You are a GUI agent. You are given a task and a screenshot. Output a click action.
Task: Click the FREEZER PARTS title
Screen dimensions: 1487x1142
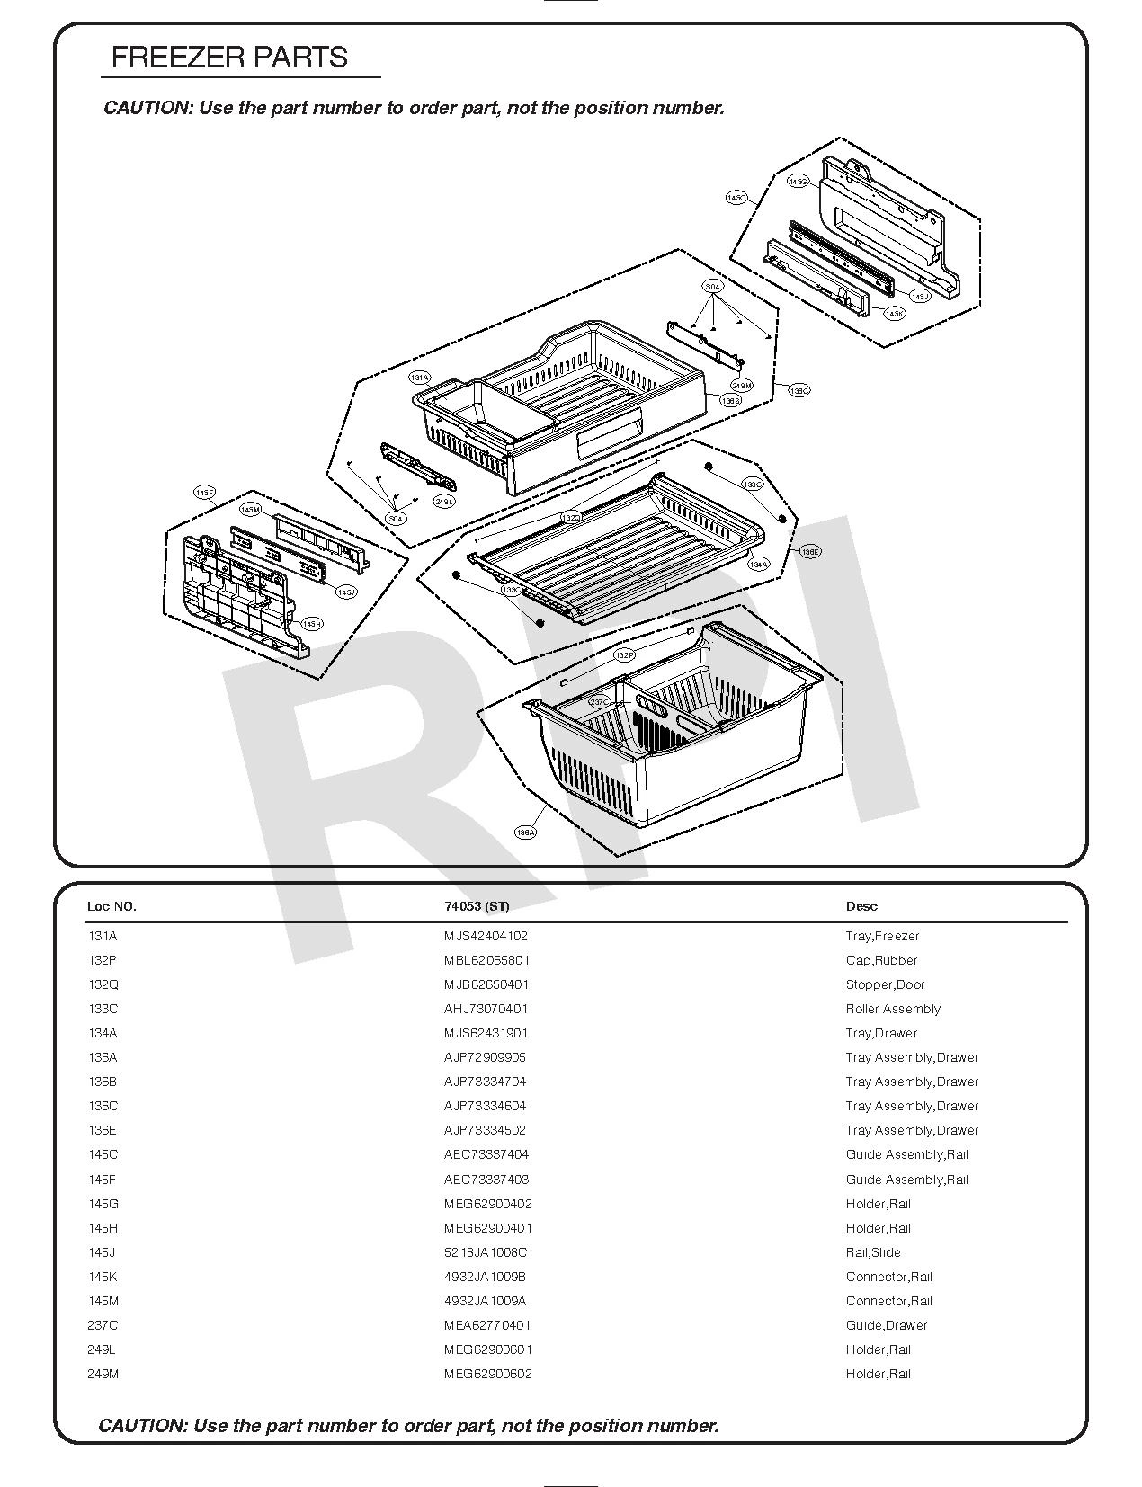[x=229, y=58]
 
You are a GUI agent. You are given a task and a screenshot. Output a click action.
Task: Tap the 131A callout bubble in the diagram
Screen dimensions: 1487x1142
[x=420, y=378]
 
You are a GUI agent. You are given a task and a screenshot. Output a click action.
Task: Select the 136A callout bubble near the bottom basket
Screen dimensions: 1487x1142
[x=526, y=833]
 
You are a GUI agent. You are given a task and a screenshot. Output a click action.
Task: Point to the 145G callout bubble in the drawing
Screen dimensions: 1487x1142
[x=798, y=181]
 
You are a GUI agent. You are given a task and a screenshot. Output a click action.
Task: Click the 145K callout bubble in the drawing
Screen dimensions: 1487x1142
[x=894, y=314]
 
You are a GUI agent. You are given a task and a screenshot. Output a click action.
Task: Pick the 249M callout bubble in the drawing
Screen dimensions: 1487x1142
[x=741, y=386]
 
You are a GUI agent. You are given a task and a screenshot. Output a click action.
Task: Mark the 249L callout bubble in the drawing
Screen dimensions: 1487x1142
[x=444, y=502]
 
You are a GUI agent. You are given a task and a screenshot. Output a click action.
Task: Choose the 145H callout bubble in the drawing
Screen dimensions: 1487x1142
[x=311, y=624]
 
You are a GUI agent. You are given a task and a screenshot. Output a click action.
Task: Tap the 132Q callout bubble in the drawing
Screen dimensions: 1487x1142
[x=571, y=518]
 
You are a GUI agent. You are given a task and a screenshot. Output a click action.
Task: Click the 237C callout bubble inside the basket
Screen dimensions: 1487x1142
[x=600, y=701]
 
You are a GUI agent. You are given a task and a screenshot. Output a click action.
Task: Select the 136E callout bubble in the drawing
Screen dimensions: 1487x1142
[x=810, y=551]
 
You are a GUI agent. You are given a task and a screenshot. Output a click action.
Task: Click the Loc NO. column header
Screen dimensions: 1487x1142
[x=112, y=906]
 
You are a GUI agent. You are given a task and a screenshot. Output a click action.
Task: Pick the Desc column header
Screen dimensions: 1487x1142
[x=861, y=906]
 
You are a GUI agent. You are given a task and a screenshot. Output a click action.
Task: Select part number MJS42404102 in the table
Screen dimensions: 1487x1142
[x=486, y=936]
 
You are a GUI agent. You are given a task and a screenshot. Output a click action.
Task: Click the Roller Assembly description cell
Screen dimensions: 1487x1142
[x=893, y=1009]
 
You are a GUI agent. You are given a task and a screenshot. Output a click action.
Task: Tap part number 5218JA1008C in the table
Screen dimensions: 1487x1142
[x=486, y=1252]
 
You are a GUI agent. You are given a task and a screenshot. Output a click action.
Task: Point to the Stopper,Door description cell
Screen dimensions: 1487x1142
[x=885, y=984]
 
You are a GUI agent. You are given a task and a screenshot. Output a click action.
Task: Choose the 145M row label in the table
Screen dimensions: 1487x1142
[x=103, y=1301]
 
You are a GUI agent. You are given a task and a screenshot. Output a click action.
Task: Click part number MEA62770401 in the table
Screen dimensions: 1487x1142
[x=486, y=1325]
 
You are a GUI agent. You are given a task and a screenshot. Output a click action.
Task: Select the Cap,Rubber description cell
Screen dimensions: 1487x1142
[x=881, y=960]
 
